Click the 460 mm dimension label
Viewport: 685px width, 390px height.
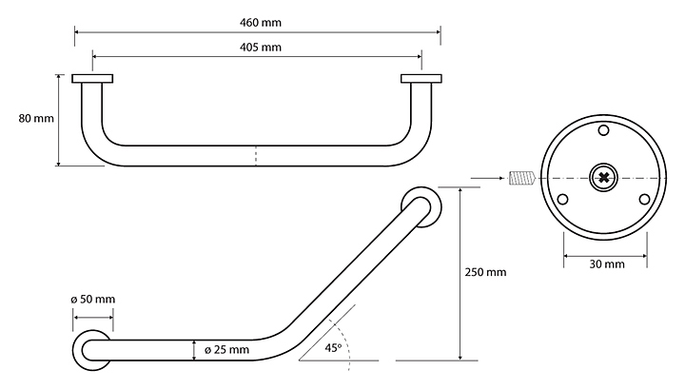tap(261, 22)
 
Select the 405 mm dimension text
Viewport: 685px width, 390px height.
tap(261, 48)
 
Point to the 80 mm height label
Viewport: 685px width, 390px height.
tap(36, 118)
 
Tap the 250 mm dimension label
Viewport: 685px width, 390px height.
tap(485, 272)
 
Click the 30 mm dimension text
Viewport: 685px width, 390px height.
tap(607, 264)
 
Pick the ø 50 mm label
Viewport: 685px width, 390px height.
tap(93, 300)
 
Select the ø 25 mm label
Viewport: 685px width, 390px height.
tap(226, 349)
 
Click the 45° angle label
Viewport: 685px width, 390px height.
tap(333, 347)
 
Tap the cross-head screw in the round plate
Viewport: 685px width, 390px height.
tap(604, 178)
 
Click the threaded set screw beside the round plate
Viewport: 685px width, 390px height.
tap(521, 178)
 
